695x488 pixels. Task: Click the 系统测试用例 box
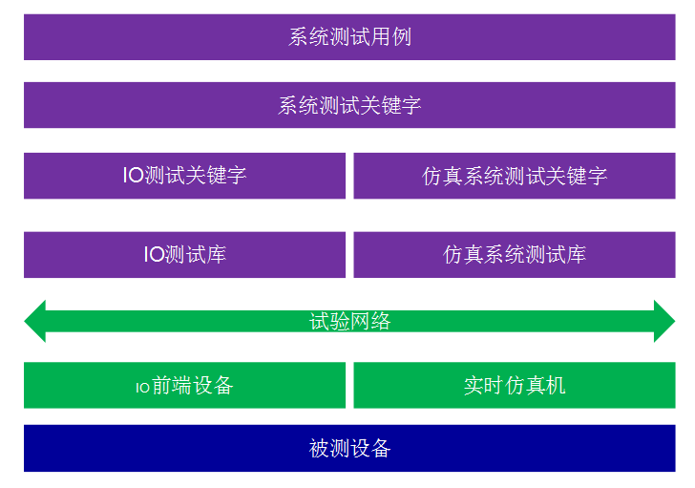click(x=349, y=37)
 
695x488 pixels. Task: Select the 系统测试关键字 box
click(x=349, y=105)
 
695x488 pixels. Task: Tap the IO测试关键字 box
click(x=184, y=176)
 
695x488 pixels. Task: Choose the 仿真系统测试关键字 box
click(x=515, y=176)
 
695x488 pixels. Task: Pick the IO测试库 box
click(x=184, y=255)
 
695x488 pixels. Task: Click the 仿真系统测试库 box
click(x=515, y=255)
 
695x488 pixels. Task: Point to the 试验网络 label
click(x=349, y=321)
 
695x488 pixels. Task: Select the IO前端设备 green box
click(x=184, y=385)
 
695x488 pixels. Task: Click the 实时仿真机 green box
click(x=515, y=385)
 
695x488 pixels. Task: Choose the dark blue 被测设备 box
click(x=349, y=448)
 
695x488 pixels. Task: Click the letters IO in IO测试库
click(x=155, y=255)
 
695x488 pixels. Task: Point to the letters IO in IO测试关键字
click(x=134, y=176)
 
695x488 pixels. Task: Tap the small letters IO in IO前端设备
click(x=143, y=388)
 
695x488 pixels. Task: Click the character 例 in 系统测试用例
click(x=402, y=37)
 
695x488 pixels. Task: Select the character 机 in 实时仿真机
click(x=556, y=385)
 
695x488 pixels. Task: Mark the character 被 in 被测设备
click(x=319, y=448)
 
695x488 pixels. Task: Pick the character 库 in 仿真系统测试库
click(x=576, y=255)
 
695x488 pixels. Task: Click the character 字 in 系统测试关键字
click(x=411, y=105)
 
